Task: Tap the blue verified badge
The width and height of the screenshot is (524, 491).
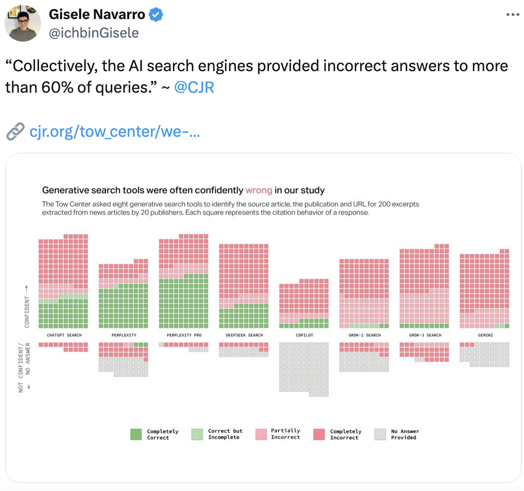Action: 157,15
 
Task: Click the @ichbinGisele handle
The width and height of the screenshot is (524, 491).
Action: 94,33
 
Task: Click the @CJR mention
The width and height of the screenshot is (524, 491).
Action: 194,88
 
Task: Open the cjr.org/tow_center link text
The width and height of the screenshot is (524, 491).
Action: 115,132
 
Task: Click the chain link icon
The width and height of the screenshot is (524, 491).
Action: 15,132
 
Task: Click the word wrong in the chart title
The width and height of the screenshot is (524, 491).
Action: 258,190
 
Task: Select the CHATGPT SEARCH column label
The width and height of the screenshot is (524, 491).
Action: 64,335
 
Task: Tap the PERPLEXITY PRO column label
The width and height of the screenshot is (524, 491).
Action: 184,335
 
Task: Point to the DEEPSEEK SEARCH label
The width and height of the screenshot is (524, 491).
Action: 244,335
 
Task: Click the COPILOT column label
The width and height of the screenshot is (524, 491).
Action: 304,335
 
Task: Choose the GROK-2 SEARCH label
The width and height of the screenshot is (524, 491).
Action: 364,335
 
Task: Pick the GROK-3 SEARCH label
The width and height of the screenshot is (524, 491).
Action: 424,335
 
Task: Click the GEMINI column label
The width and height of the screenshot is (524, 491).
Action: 484,335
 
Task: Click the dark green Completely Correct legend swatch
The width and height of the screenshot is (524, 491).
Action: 136,434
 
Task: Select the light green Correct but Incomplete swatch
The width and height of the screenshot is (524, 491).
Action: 197,434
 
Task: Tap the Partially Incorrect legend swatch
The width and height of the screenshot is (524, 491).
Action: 260,434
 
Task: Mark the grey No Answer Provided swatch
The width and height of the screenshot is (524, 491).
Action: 380,434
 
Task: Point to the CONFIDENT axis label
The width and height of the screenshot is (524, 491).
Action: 27,311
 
